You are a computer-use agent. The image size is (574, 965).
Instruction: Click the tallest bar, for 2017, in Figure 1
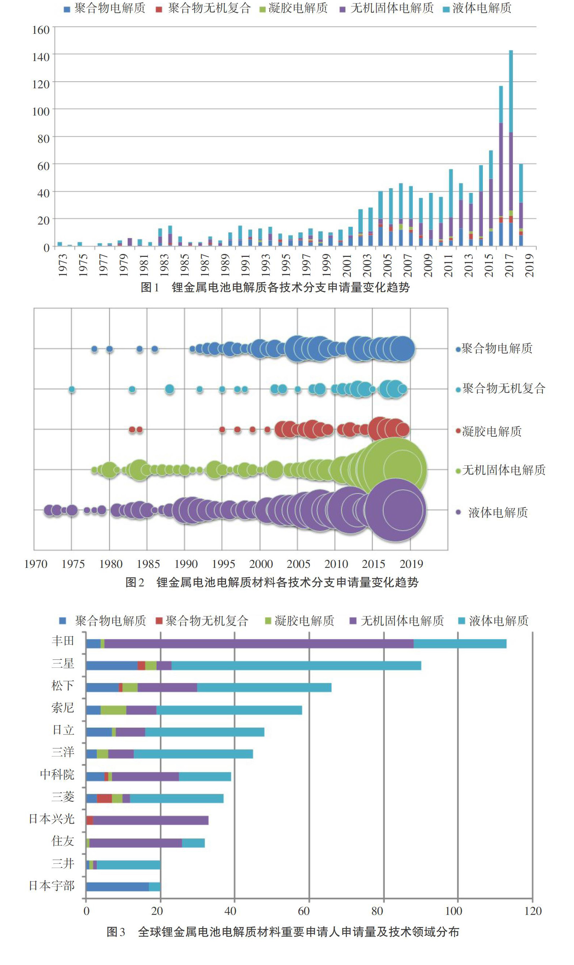(x=510, y=148)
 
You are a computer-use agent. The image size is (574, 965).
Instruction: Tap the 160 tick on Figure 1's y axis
(x=41, y=30)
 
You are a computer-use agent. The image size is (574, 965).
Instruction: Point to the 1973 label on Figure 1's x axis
(x=62, y=265)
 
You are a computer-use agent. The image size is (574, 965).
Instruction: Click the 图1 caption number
(x=150, y=287)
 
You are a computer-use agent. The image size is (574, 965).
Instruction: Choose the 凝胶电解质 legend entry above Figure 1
(x=294, y=8)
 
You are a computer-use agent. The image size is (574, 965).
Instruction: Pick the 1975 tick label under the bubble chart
(x=73, y=564)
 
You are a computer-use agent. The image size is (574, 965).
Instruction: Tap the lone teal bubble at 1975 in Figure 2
(x=72, y=389)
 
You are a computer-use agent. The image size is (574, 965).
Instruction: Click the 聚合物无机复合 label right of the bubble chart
(x=501, y=388)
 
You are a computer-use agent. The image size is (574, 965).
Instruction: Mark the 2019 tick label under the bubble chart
(x=411, y=564)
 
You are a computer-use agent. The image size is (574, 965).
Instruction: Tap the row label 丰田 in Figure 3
(x=62, y=641)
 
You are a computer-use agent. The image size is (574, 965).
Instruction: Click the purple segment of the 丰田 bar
(x=259, y=643)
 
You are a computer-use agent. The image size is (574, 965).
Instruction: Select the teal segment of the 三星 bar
(x=296, y=665)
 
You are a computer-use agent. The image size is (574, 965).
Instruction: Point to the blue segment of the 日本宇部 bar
(x=118, y=887)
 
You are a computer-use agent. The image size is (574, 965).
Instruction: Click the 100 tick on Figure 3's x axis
(x=454, y=911)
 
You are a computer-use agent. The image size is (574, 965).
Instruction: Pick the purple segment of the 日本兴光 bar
(x=151, y=820)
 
